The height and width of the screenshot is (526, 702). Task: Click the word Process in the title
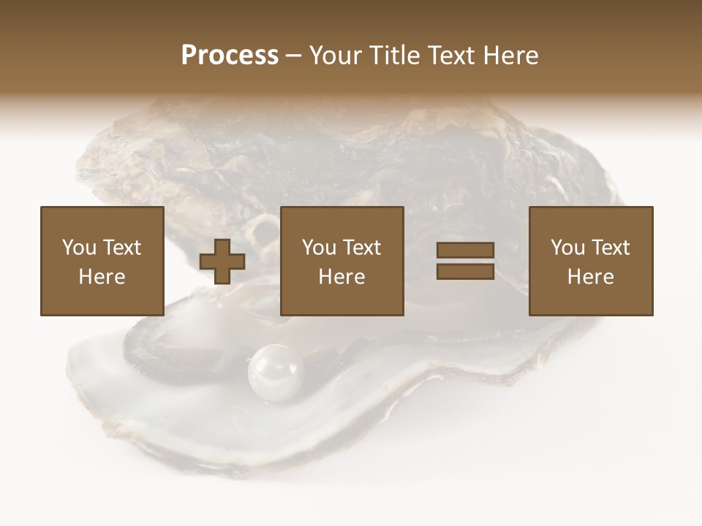click(230, 56)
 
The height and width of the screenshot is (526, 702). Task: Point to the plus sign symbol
click(222, 262)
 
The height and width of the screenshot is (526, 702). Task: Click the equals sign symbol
click(465, 261)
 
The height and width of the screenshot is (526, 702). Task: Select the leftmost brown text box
click(102, 261)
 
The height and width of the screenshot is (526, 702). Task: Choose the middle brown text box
click(342, 261)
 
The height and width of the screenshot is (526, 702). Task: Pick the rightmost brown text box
click(591, 261)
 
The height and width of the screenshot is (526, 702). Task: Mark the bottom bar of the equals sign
click(465, 271)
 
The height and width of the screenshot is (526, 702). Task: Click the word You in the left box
click(78, 248)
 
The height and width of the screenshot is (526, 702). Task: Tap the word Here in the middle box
click(342, 277)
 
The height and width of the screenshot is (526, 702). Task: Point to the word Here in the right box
click(591, 277)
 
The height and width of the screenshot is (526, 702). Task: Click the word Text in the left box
click(121, 248)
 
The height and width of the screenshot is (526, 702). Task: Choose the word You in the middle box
click(319, 248)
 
